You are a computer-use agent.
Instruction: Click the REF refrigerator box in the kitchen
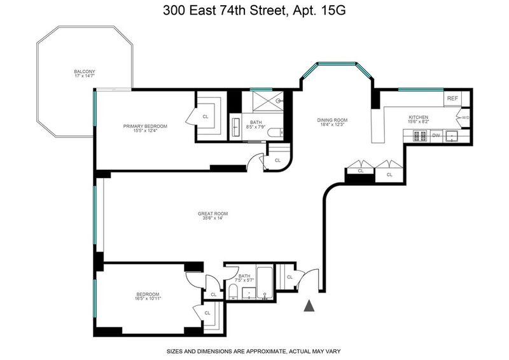[x=452, y=98]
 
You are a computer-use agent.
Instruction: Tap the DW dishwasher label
[x=436, y=135]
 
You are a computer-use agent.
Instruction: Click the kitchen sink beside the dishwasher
[x=451, y=136]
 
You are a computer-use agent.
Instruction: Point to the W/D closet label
[x=465, y=118]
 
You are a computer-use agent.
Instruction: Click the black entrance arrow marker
[x=309, y=306]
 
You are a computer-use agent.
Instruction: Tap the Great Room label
[x=213, y=214]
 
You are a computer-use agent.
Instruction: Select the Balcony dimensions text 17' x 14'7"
[x=85, y=76]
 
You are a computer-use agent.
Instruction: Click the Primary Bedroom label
[x=145, y=127]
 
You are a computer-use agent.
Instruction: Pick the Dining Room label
[x=332, y=120]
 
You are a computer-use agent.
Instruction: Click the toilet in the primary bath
[x=276, y=133]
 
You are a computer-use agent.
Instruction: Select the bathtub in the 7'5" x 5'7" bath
[x=265, y=282]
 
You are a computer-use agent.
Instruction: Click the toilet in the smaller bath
[x=233, y=291]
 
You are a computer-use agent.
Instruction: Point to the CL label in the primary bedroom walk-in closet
[x=206, y=116]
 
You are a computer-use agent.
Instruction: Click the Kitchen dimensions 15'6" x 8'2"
[x=418, y=121]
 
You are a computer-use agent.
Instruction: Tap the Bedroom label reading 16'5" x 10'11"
[x=148, y=296]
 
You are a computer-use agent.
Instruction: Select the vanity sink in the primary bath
[x=235, y=128]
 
